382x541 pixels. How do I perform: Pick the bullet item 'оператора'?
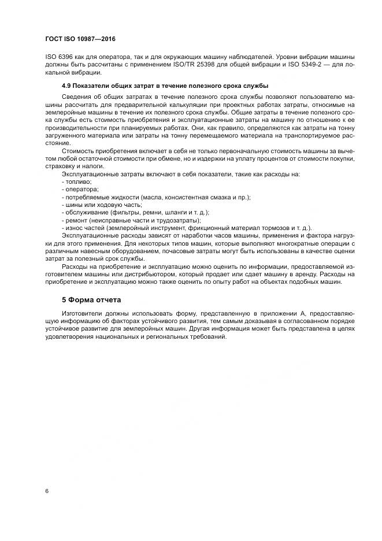[80, 189]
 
